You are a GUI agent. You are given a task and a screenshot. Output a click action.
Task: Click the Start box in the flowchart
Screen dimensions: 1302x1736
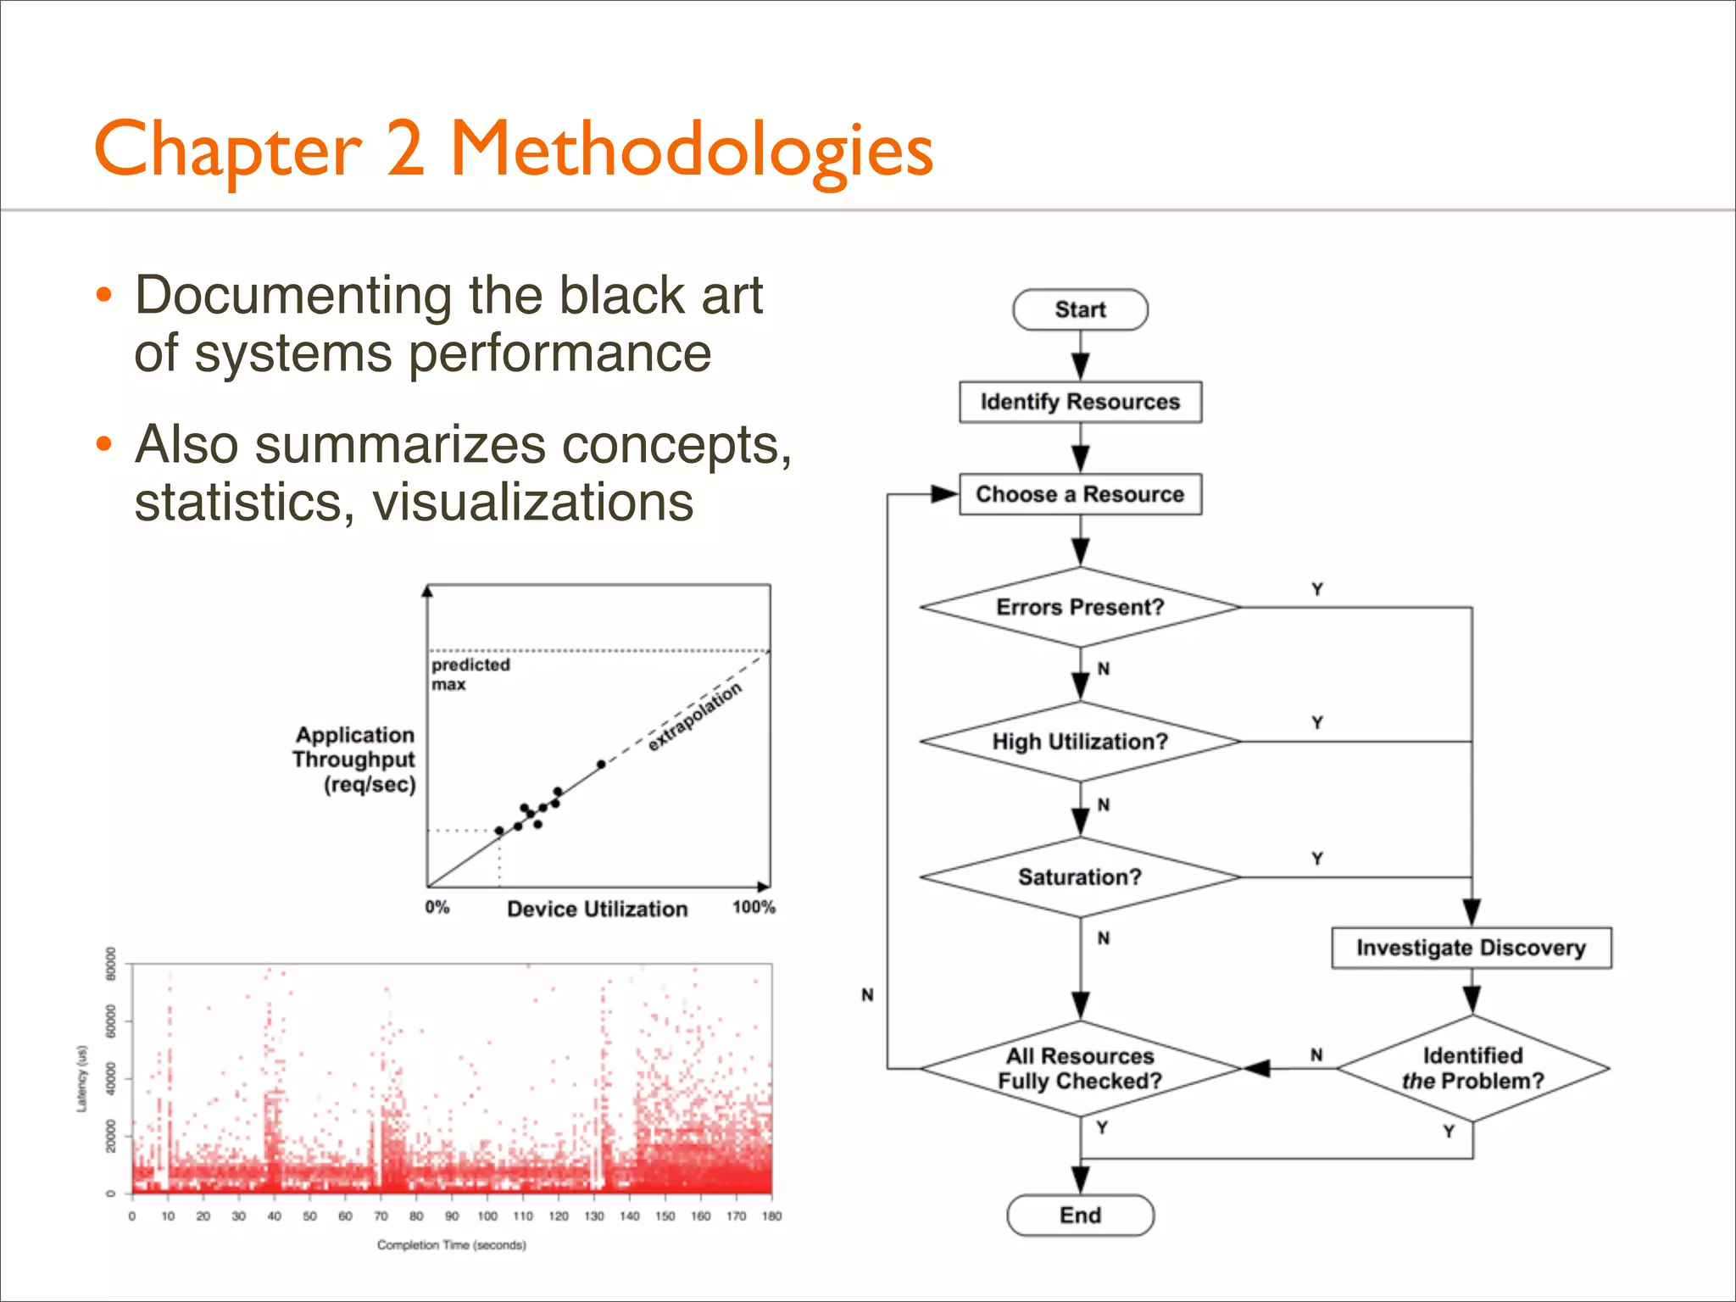(1080, 309)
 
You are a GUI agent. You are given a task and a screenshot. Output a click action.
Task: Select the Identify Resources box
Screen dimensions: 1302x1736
(1080, 402)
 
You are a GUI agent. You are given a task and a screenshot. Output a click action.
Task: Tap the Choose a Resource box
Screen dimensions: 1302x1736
(1080, 494)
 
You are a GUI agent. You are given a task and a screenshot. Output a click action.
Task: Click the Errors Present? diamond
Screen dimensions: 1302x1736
(1080, 607)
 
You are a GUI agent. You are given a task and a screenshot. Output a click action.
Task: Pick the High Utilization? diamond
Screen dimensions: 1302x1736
(1080, 742)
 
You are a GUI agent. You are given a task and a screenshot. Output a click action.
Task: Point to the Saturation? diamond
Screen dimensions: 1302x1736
(1080, 876)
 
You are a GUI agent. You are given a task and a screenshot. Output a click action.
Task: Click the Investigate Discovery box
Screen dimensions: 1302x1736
(1471, 948)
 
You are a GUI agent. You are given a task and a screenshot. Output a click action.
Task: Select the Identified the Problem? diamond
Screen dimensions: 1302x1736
(1472, 1068)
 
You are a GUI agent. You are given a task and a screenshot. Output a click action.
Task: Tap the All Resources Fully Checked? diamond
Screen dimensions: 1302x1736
(1080, 1068)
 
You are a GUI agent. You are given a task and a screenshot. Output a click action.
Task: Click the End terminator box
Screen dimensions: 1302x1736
(1080, 1216)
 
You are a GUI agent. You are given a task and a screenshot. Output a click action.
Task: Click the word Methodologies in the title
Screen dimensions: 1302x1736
(691, 149)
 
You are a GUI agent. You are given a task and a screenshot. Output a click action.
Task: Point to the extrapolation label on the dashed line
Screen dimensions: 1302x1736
(695, 717)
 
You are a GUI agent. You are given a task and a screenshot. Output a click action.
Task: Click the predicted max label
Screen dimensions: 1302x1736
(470, 674)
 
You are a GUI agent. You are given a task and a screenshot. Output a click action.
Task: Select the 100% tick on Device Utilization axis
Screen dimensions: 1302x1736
(754, 907)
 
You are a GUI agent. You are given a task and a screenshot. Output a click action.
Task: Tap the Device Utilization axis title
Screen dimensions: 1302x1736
(597, 909)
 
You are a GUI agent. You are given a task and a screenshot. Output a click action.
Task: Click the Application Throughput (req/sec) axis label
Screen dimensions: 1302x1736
(354, 759)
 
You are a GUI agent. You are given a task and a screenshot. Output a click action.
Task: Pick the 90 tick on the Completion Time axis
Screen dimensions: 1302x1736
(452, 1216)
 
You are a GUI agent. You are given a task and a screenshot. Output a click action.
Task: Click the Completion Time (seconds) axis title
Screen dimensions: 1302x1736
(451, 1245)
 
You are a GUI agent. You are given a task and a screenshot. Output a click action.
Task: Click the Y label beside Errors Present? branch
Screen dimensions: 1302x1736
(1317, 589)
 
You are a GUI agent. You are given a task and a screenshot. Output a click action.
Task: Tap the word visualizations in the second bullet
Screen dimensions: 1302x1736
(532, 502)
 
